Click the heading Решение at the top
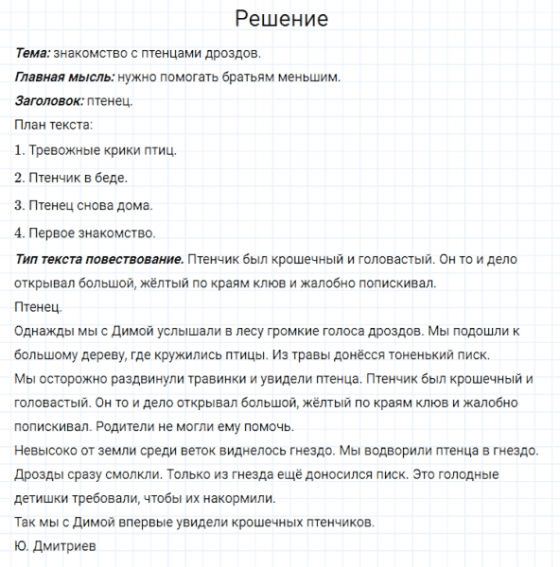281,19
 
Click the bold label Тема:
33,52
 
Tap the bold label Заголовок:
49,100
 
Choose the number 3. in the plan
20,205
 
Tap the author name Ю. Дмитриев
56,546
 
